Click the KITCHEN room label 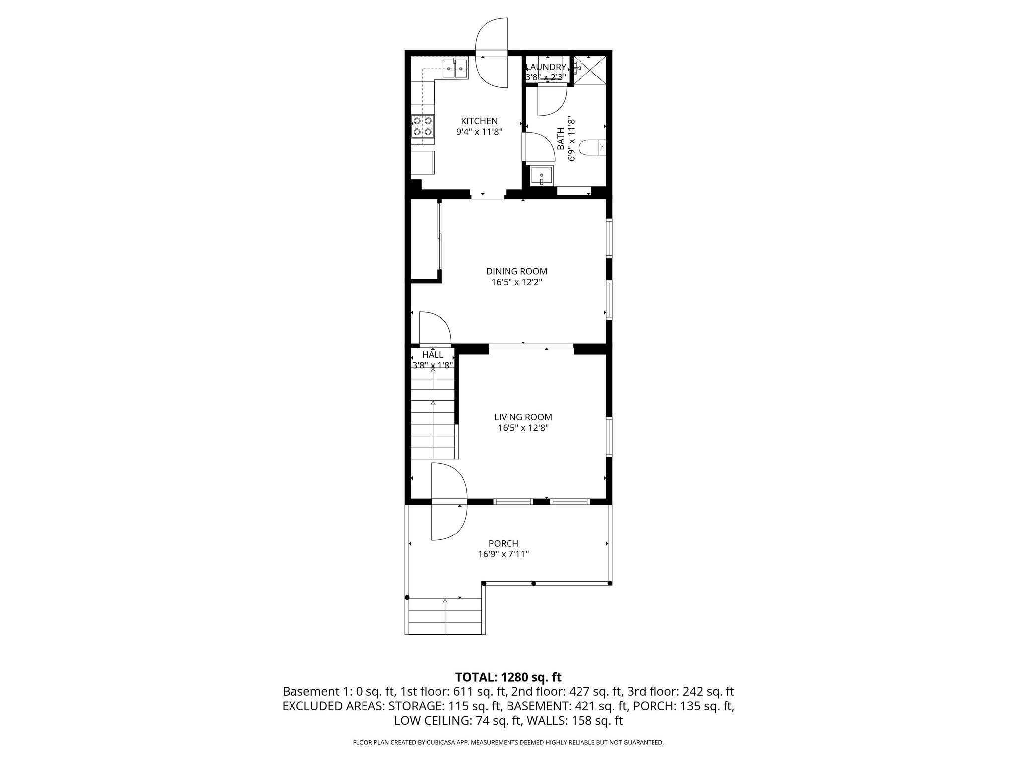pos(479,121)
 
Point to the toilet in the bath pos(593,148)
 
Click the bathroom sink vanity pos(541,176)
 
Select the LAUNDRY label pos(546,67)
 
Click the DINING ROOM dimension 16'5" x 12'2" pos(516,282)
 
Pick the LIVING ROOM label pos(523,417)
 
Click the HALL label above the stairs pos(433,355)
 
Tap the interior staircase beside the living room pos(433,417)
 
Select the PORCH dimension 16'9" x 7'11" pos(503,554)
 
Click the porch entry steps pos(445,616)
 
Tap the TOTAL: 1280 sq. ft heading pos(508,677)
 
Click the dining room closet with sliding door pos(425,241)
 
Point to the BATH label pos(560,138)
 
